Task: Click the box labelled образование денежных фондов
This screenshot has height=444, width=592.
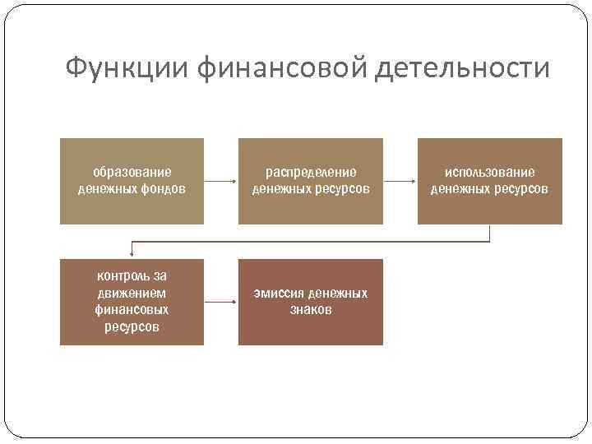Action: (x=132, y=181)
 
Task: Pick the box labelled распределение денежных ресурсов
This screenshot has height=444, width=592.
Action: (x=311, y=181)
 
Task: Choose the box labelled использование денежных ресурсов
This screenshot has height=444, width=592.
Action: (x=490, y=181)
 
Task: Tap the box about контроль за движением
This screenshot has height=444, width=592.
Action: (x=132, y=302)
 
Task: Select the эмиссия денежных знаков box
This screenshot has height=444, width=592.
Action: (x=311, y=302)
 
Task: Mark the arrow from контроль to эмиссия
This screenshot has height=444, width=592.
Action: (x=221, y=302)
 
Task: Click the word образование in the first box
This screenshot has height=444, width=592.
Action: (x=132, y=173)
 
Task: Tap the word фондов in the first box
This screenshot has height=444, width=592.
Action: (x=164, y=189)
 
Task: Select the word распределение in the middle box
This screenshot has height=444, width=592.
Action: (x=311, y=173)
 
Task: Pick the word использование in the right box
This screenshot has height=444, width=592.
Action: (x=490, y=173)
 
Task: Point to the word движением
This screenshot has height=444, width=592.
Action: (x=132, y=293)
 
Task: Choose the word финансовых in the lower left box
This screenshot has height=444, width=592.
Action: (x=132, y=310)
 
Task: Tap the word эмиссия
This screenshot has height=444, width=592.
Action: (x=280, y=294)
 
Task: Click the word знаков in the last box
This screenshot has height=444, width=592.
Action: (x=311, y=310)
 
